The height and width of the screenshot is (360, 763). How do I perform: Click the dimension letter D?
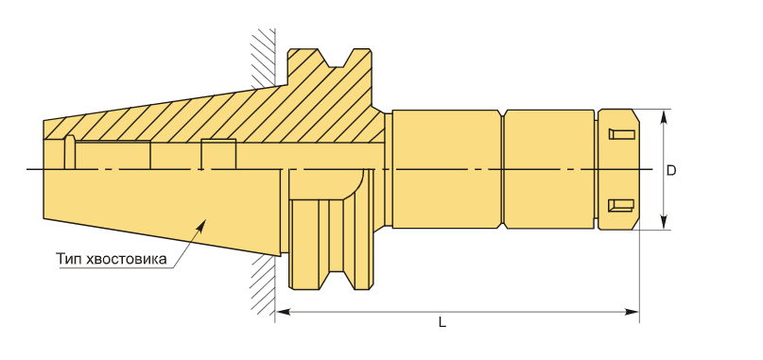click(671, 171)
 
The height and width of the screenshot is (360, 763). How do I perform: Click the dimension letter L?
click(442, 322)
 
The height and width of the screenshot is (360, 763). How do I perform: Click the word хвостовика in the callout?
click(126, 259)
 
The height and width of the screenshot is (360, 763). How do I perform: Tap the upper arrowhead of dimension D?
click(663, 115)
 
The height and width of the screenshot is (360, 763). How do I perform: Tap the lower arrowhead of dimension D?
click(663, 223)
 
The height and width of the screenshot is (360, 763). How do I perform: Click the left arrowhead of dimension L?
click(283, 312)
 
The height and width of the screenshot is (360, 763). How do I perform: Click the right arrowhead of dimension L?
click(633, 312)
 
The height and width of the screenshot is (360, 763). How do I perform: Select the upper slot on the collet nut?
click(622, 134)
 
